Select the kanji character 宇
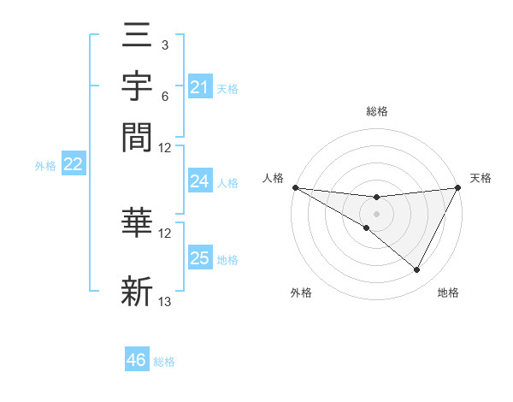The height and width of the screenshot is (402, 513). pos(137,88)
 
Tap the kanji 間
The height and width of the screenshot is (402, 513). pos(137,137)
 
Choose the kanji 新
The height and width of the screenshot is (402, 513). pos(137,291)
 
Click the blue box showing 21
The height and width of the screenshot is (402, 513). pos(199,87)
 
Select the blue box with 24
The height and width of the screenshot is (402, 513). pos(199,181)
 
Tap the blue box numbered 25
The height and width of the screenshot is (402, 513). pos(199,258)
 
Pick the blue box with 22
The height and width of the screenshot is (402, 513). pos(73,165)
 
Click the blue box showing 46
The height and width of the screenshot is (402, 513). pos(137,360)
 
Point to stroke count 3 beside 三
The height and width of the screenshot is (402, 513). pos(164,44)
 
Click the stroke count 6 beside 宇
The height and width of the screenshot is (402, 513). pos(164,96)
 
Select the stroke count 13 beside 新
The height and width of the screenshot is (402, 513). pos(165,301)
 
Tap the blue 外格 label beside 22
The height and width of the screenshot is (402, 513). pos(44,166)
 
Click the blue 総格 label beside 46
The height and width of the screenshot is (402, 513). pos(164,362)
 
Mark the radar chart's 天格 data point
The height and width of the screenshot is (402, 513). pos(457,187)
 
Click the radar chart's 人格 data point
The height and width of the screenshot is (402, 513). pos(295,187)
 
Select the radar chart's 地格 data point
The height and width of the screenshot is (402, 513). pos(416,270)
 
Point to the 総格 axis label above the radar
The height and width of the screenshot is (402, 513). pos(376,111)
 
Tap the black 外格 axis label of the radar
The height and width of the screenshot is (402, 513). pos(301,293)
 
